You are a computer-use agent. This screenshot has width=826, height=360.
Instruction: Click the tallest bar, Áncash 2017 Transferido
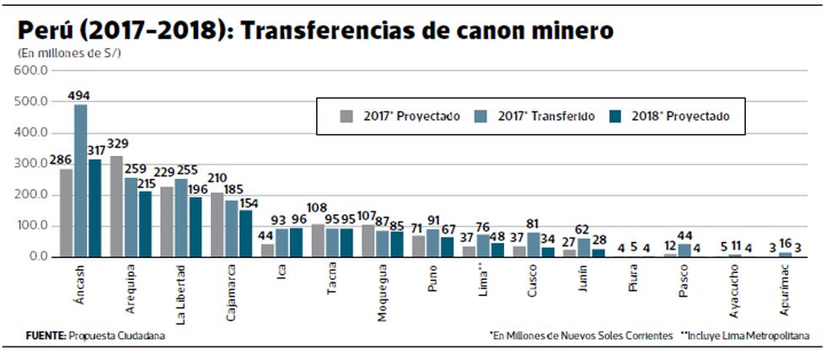click(81, 180)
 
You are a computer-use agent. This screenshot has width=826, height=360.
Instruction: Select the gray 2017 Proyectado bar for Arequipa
click(116, 207)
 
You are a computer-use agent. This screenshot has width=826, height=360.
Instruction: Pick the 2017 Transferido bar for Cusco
click(534, 244)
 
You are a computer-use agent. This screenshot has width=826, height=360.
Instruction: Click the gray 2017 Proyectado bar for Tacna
click(318, 240)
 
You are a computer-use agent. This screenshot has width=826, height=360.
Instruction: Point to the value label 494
click(81, 95)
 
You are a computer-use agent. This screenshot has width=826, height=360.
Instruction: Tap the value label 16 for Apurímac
click(785, 244)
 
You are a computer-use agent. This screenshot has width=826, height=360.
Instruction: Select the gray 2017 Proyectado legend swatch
click(346, 116)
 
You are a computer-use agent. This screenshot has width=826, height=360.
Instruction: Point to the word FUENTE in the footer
click(46, 336)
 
